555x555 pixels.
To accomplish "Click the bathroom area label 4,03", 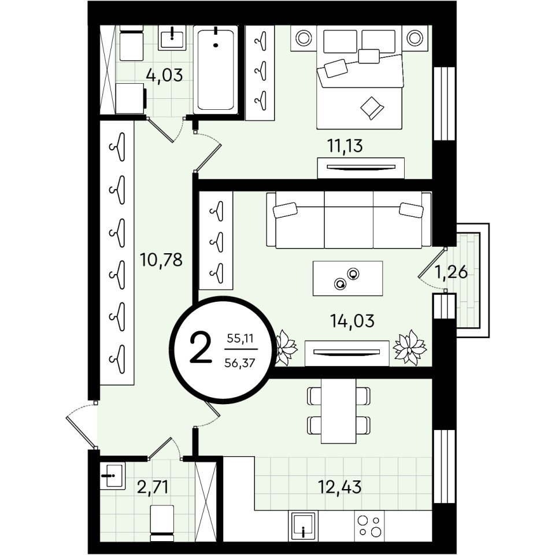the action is pyautogui.click(x=165, y=75).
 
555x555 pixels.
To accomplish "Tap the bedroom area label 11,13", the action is pyautogui.click(x=346, y=146).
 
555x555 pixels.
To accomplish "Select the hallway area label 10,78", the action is pyautogui.click(x=161, y=260).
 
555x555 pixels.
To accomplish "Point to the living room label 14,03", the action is pyautogui.click(x=352, y=321).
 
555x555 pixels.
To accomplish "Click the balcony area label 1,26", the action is pyautogui.click(x=451, y=272).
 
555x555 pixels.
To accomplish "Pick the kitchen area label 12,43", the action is pyautogui.click(x=340, y=487).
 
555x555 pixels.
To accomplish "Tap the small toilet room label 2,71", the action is pyautogui.click(x=153, y=487).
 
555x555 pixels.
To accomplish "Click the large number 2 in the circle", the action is pyautogui.click(x=201, y=349).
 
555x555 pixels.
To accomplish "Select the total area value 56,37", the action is pyautogui.click(x=239, y=363).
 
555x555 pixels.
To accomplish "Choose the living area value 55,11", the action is pyautogui.click(x=240, y=339).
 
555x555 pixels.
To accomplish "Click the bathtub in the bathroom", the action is pyautogui.click(x=216, y=70).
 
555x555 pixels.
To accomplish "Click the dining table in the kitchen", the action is pyautogui.click(x=338, y=411).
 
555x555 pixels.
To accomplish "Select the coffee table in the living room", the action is pyautogui.click(x=347, y=278).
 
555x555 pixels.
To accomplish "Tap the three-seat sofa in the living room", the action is pyautogui.click(x=349, y=220).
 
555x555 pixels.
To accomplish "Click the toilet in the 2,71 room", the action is pyautogui.click(x=162, y=523).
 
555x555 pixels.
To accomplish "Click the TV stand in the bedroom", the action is pyautogui.click(x=361, y=168).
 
